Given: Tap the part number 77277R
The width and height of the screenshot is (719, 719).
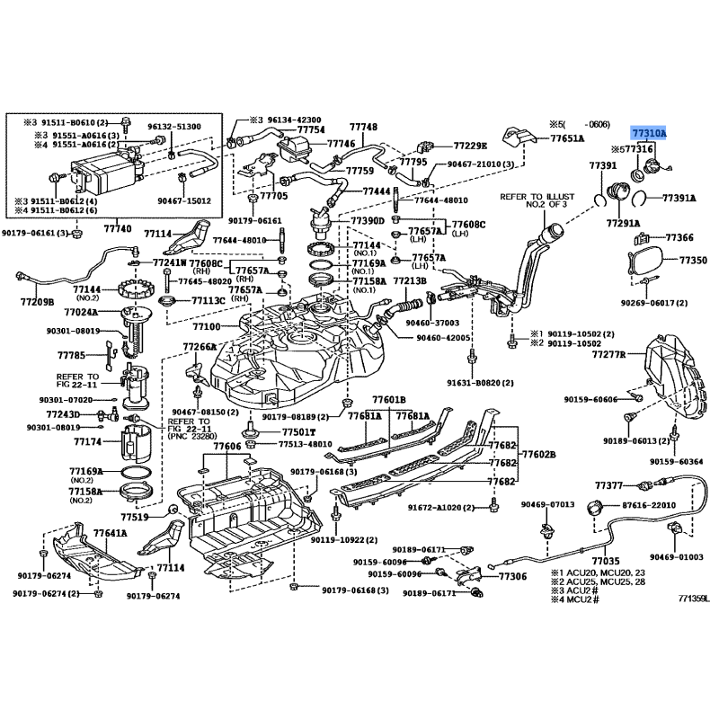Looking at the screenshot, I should pyautogui.click(x=608, y=356).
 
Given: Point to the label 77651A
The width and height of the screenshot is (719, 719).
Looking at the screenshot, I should pyautogui.click(x=567, y=138).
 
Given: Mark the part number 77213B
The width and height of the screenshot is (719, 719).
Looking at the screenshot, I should pyautogui.click(x=408, y=280).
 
